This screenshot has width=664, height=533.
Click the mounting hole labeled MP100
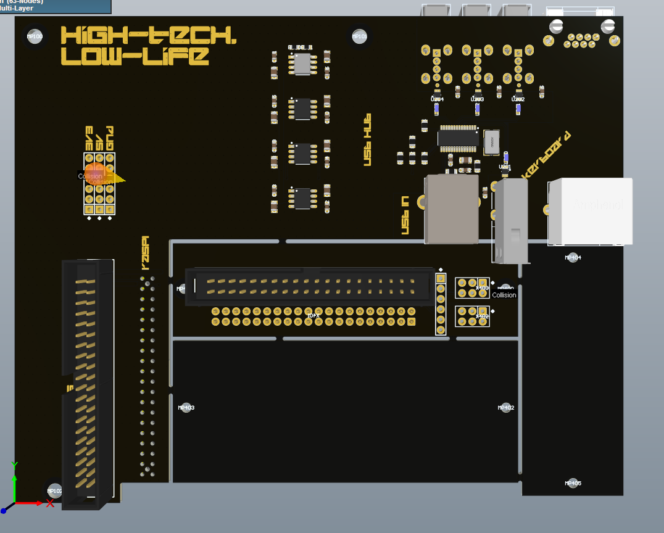pyautogui.click(x=35, y=36)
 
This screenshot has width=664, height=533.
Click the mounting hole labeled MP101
pyautogui.click(x=359, y=36)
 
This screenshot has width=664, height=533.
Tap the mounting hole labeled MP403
pyautogui.click(x=186, y=408)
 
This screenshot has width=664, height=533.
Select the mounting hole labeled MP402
pyautogui.click(x=506, y=408)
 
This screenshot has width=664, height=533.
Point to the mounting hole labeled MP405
pyautogui.click(x=573, y=483)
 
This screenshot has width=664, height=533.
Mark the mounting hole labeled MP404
pyautogui.click(x=573, y=257)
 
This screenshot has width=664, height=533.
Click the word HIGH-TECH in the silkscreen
pyautogui.click(x=148, y=35)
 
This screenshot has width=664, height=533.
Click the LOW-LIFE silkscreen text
pyautogui.click(x=135, y=57)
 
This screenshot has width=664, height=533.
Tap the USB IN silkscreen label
pyautogui.click(x=405, y=215)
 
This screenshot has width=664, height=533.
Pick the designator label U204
pyautogui.click(x=437, y=99)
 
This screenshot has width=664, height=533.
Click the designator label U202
pyautogui.click(x=518, y=99)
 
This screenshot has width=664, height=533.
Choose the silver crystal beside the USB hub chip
pyautogui.click(x=492, y=141)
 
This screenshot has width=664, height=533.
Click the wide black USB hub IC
pyautogui.click(x=459, y=137)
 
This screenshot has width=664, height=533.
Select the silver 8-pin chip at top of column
pyautogui.click(x=302, y=64)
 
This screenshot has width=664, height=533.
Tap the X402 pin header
pyautogui.click(x=472, y=316)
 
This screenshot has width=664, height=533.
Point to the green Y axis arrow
pyautogui.click(x=14, y=481)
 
